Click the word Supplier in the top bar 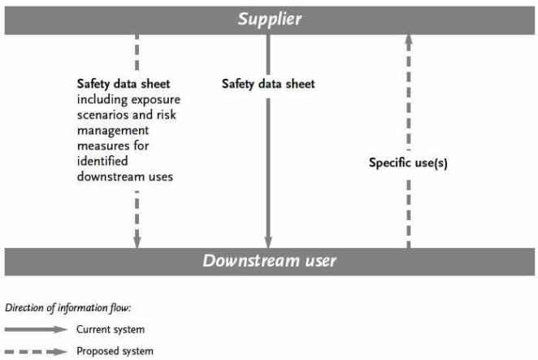pyautogui.click(x=270, y=20)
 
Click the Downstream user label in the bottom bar pyautogui.click(x=269, y=261)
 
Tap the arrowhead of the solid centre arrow pyautogui.click(x=268, y=242)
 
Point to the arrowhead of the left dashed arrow pyautogui.click(x=137, y=239)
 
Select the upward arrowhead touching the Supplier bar pyautogui.click(x=408, y=39)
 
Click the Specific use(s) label pyautogui.click(x=408, y=163)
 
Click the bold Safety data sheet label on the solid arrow pyautogui.click(x=268, y=84)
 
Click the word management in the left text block pyautogui.click(x=113, y=131)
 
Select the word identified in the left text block pyautogui.click(x=102, y=161)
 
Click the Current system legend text pyautogui.click(x=111, y=329)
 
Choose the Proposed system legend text pyautogui.click(x=115, y=351)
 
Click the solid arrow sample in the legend pyautogui.click(x=36, y=329)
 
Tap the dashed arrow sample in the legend pyautogui.click(x=36, y=351)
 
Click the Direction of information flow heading pyautogui.click(x=68, y=308)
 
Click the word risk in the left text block pyautogui.click(x=167, y=115)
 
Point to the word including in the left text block pyautogui.click(x=102, y=100)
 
